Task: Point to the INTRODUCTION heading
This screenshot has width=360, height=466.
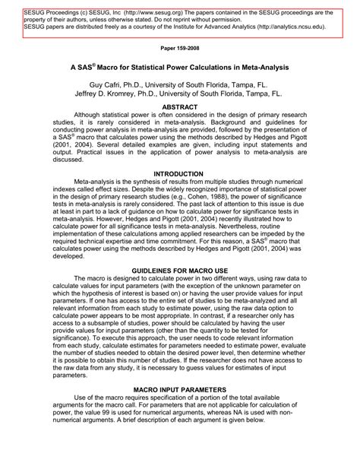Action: point(179,174)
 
